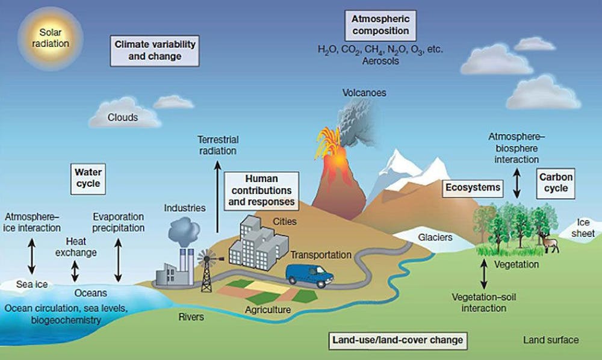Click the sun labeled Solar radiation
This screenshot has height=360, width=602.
[x=51, y=39]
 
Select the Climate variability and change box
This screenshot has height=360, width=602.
[x=155, y=51]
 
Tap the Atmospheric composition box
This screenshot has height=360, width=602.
[x=380, y=25]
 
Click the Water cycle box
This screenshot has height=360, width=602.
[x=88, y=179]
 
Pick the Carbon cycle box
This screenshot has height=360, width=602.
[x=556, y=183]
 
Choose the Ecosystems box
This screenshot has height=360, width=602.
[x=473, y=188]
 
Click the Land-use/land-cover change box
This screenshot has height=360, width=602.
[x=398, y=340]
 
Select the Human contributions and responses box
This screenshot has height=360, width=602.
[x=261, y=191]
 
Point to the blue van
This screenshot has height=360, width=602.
[x=309, y=275]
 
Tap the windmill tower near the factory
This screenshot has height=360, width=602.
[x=207, y=271]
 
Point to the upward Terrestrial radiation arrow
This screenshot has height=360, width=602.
[x=218, y=197]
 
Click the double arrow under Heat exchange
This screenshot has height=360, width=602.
[x=75, y=272]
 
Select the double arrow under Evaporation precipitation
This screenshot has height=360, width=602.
[x=118, y=260]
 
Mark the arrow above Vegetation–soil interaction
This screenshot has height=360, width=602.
[x=484, y=274]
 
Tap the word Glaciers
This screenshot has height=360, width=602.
[x=435, y=238]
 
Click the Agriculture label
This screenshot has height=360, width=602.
[x=268, y=309]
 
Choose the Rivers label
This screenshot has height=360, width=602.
[x=191, y=317]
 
